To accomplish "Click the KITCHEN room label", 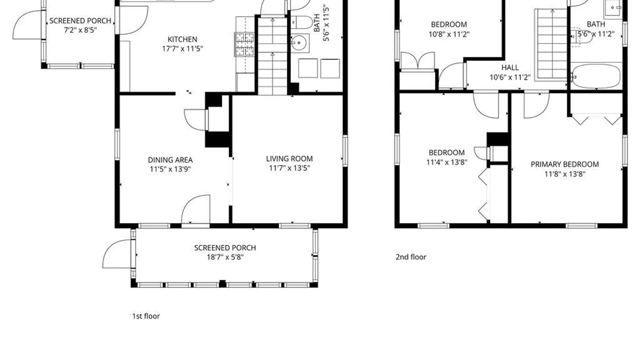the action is [x=182, y=39].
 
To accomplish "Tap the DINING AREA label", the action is [x=170, y=160].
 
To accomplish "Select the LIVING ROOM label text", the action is [x=289, y=159].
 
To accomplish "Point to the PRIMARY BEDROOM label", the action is [x=565, y=164].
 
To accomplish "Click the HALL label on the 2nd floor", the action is [x=510, y=68].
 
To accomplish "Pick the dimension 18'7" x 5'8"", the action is [x=225, y=257].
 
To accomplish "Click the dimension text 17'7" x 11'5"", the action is [x=182, y=49].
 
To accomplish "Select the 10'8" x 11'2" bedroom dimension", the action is [x=449, y=34].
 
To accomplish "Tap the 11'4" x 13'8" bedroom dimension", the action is [x=447, y=162].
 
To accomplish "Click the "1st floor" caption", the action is [x=146, y=316].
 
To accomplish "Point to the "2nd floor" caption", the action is [x=411, y=257].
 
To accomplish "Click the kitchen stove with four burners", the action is [x=245, y=44].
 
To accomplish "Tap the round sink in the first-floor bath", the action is [x=299, y=43].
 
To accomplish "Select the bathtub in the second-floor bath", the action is [x=596, y=76].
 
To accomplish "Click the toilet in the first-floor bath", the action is [x=302, y=23].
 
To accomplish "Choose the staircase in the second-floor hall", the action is [x=551, y=45].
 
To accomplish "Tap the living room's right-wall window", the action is [x=345, y=151].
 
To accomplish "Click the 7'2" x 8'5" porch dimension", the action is [x=80, y=30].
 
